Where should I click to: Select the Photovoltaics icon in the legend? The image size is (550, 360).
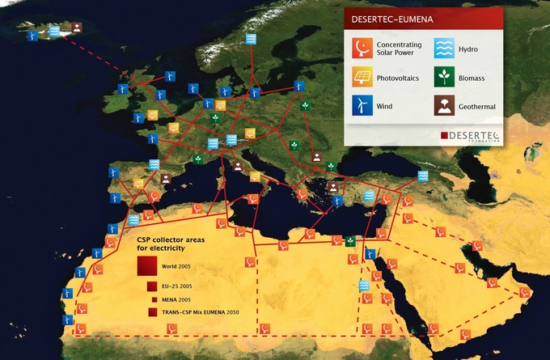(x=362, y=78)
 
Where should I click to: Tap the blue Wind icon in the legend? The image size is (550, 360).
(x=362, y=105)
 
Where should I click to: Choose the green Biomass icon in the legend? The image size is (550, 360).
(x=443, y=78)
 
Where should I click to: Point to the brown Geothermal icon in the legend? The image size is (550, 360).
(x=443, y=105)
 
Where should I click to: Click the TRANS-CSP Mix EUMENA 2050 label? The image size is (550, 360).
(x=201, y=311)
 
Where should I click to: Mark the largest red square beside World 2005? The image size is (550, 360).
(x=147, y=265)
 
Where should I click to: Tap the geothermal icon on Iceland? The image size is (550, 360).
(x=75, y=28)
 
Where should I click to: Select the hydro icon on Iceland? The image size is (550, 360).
(x=54, y=31)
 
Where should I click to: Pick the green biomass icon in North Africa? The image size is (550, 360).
(x=350, y=241)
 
